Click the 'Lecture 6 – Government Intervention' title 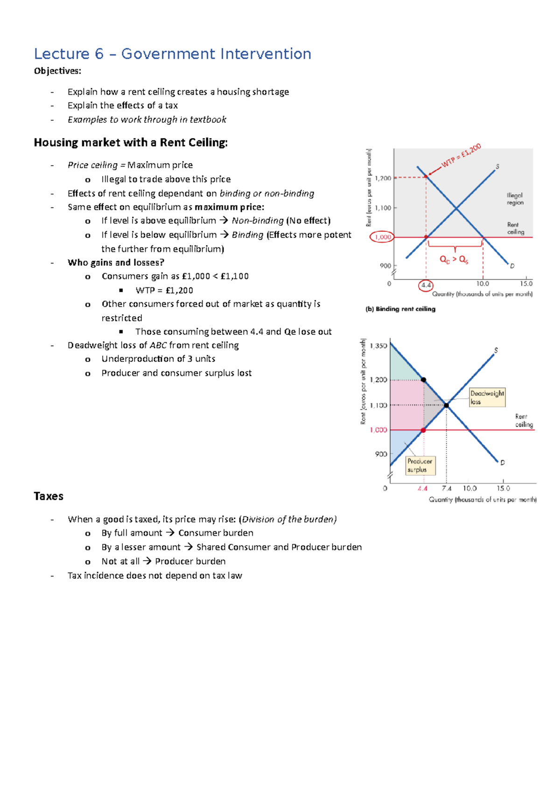click(172, 54)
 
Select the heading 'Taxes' click(49, 496)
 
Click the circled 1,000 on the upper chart click(383, 237)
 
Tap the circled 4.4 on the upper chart click(426, 285)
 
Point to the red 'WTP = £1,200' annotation click(461, 156)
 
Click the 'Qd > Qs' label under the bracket click(454, 260)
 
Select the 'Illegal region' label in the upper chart click(515, 199)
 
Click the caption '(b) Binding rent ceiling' click(400, 309)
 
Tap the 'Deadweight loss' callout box click(487, 397)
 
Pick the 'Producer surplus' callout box click(420, 465)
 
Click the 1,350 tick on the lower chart click(378, 346)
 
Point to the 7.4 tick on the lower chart click(447, 488)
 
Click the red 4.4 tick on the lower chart click(423, 488)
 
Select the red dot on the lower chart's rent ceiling click(423, 430)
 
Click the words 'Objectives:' click(57, 71)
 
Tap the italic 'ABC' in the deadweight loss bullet click(158, 345)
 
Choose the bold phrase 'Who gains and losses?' click(116, 263)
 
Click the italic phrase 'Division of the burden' click(288, 519)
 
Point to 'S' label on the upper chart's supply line click(497, 167)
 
